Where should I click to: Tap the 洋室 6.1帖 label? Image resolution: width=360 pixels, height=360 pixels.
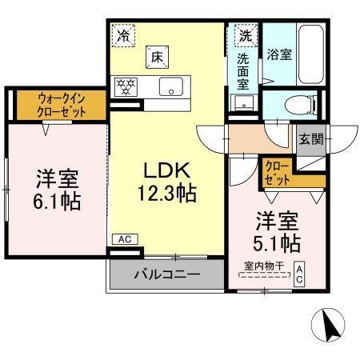tap(57, 189)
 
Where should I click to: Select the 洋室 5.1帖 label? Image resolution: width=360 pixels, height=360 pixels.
tap(278, 230)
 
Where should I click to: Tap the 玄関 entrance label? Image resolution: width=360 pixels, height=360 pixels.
tap(312, 138)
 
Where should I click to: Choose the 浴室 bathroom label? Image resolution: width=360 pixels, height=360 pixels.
tap(280, 55)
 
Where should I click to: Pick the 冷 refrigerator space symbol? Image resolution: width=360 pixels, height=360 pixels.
tap(122, 34)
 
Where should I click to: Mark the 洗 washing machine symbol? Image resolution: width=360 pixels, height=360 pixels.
tap(244, 35)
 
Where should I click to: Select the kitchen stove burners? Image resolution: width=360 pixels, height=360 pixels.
tap(126, 85)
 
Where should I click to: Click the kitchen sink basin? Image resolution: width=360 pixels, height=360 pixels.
tap(170, 86)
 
